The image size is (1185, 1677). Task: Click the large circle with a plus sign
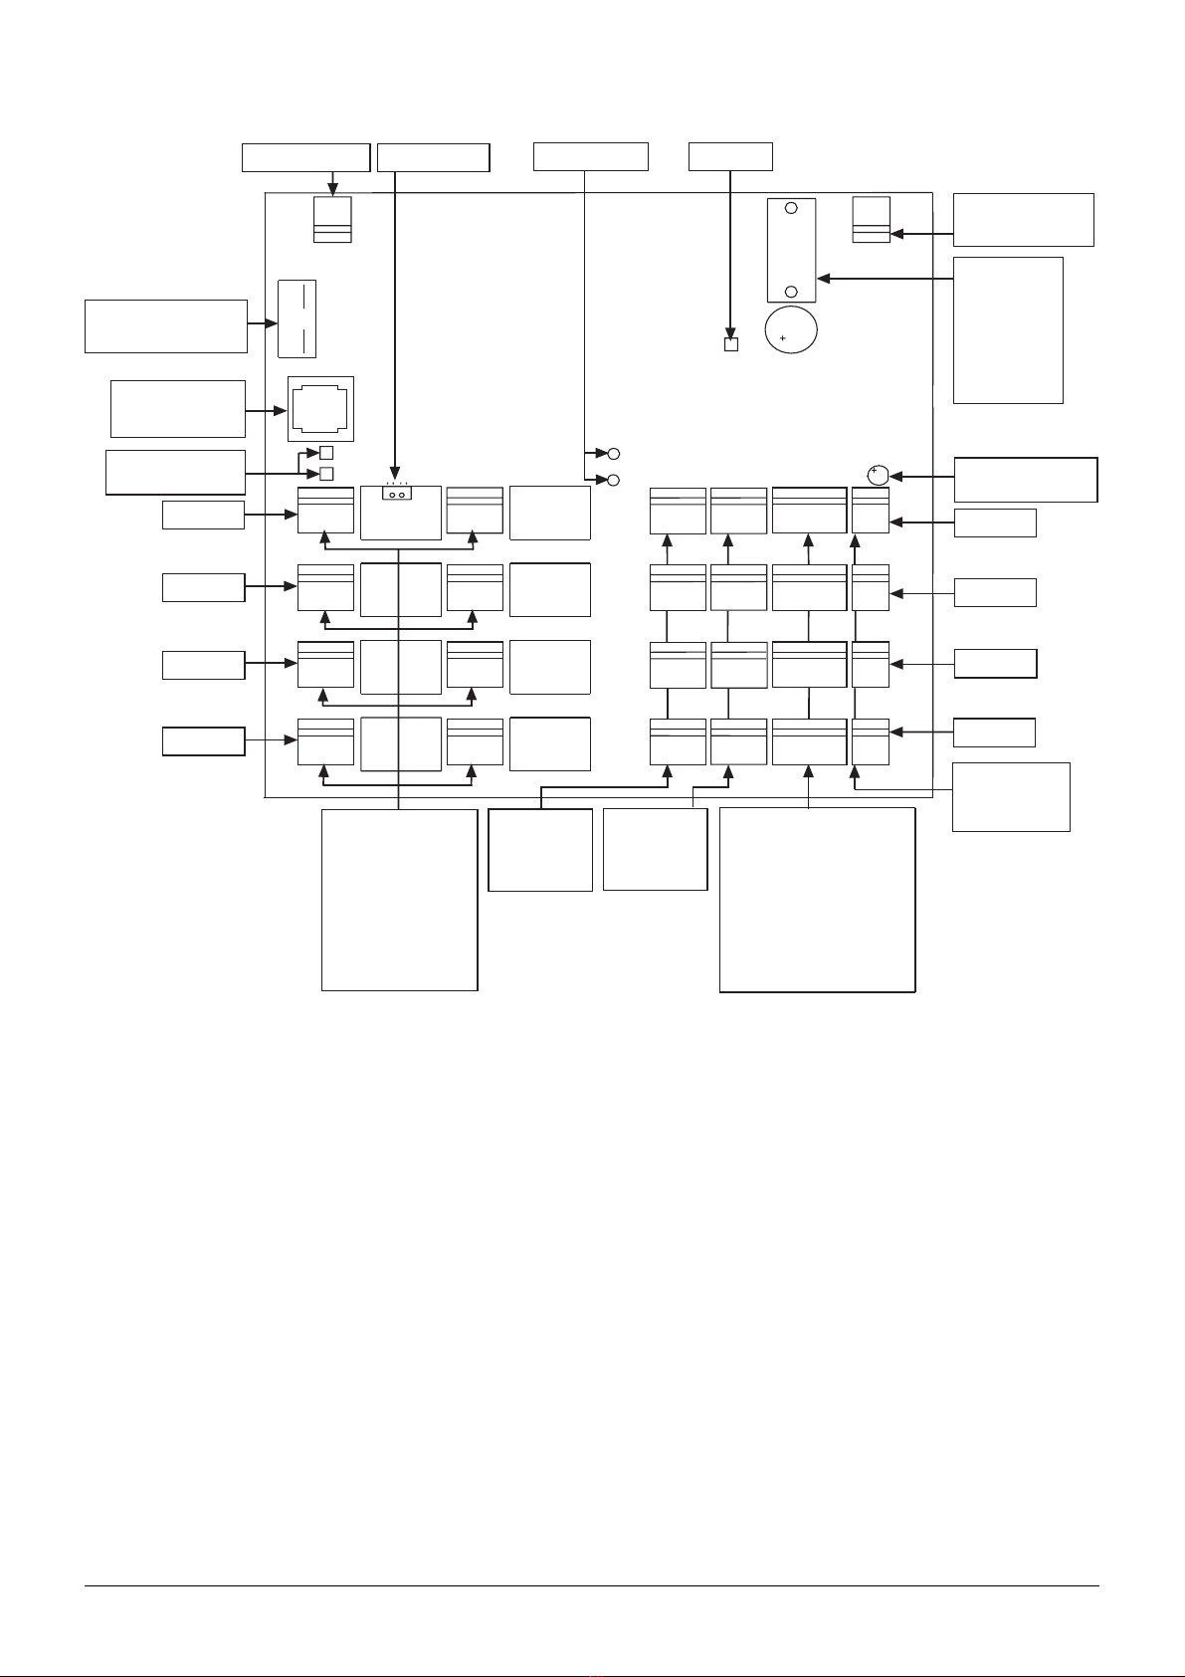click(790, 329)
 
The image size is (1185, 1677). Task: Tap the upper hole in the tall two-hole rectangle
click(791, 209)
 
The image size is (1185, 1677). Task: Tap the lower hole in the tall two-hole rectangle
click(791, 292)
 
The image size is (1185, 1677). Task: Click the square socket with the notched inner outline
click(320, 408)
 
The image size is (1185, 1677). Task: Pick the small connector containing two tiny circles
click(397, 493)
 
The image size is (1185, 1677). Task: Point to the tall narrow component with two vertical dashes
click(296, 318)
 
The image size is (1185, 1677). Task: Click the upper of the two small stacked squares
click(325, 454)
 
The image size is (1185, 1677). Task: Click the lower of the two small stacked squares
click(325, 473)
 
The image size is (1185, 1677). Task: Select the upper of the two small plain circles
click(613, 454)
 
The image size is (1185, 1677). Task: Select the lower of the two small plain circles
click(613, 480)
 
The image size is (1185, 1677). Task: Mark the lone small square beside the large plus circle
click(731, 345)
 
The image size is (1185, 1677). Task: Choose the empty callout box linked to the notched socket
click(177, 408)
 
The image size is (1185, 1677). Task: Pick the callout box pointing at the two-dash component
click(165, 325)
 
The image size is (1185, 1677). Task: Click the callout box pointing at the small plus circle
click(1025, 479)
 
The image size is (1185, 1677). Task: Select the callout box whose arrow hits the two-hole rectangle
click(1008, 329)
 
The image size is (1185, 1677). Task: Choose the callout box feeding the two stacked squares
click(175, 472)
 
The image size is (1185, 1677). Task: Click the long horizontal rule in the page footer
click(591, 1585)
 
